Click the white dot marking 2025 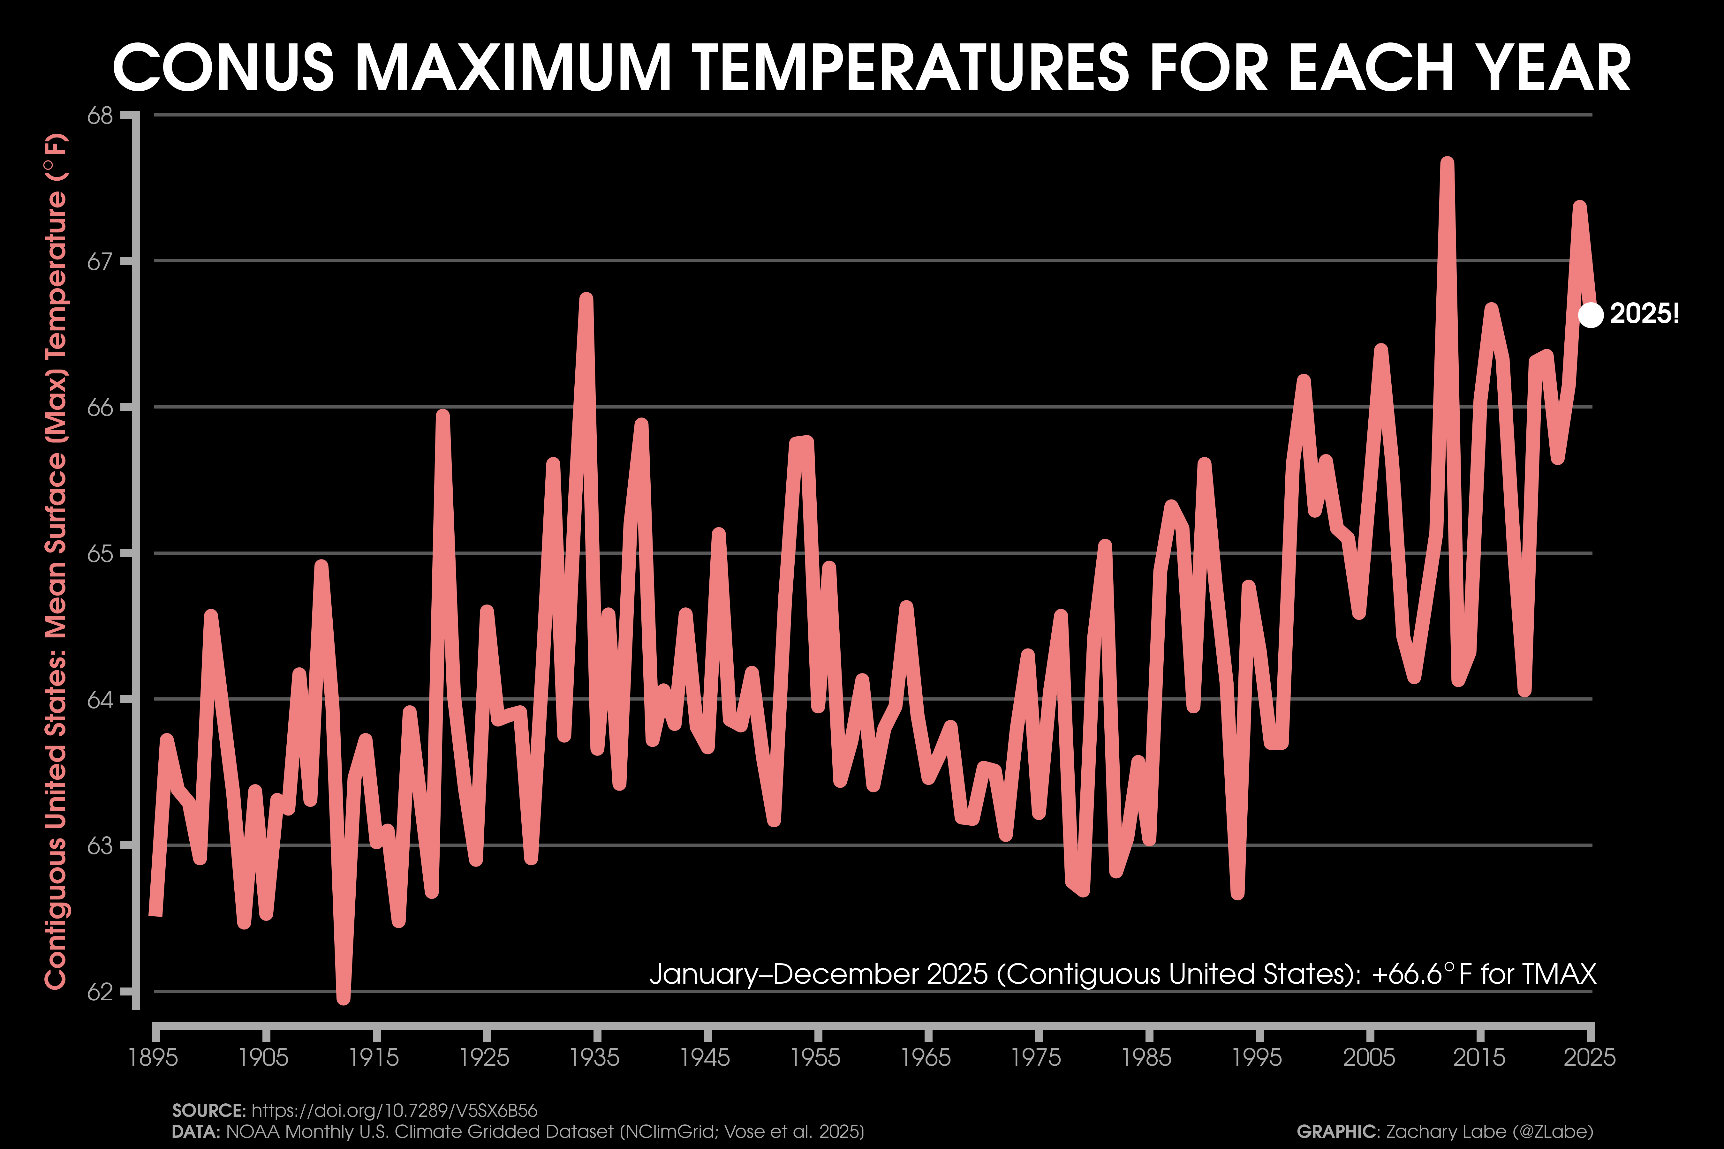(1590, 315)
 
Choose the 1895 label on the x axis (153, 1057)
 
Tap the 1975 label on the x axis (1036, 1057)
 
